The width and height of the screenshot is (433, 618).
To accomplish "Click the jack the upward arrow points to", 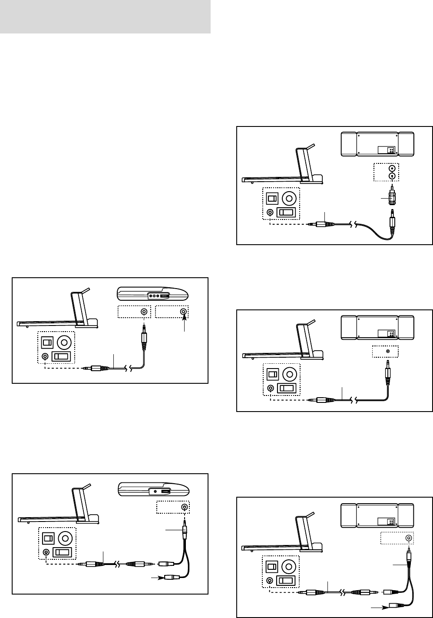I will coord(184,312).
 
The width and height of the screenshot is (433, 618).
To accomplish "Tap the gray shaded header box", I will coord(105,17).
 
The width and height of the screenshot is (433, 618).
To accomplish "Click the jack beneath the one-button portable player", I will coord(184,507).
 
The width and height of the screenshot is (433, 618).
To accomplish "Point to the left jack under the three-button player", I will coord(143,312).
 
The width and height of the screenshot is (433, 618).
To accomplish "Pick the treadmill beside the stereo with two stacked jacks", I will coord(282,167).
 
